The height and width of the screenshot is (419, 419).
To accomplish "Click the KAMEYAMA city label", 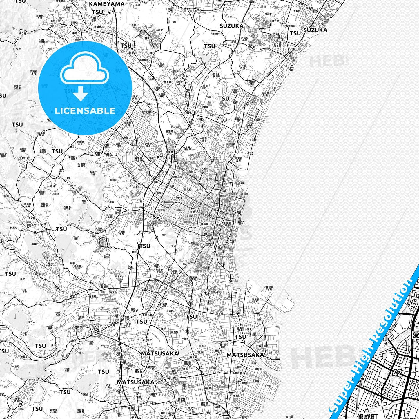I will click(107, 4).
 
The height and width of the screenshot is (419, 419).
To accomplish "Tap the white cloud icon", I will click(85, 69).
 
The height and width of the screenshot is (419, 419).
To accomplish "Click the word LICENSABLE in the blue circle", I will click(85, 110).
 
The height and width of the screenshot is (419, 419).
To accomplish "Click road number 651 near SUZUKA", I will click(233, 42).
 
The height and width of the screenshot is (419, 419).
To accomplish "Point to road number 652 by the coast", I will click(250, 127).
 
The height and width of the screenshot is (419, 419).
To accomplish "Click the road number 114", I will click(250, 153).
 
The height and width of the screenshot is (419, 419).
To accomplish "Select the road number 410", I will click(189, 113).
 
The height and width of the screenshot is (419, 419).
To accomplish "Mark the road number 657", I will click(157, 218).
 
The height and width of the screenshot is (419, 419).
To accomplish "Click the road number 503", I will click(97, 330).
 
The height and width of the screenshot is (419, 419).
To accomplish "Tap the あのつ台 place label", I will click(188, 76).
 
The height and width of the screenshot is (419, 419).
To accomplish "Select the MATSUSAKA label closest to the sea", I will click(245, 355).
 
